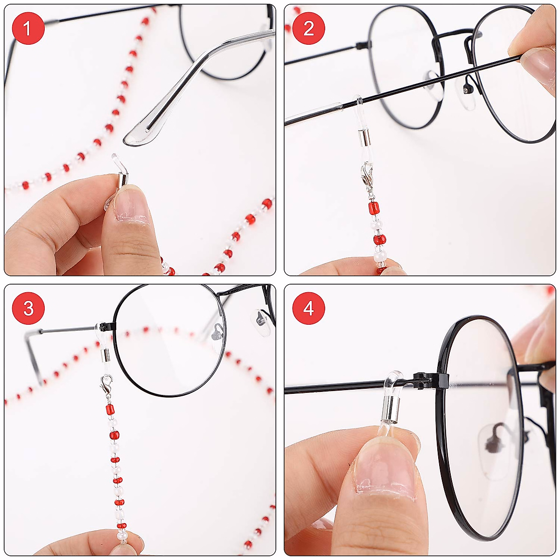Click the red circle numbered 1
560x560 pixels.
tap(28, 28)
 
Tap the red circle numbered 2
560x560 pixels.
tap(308, 28)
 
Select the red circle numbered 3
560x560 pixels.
tap(28, 308)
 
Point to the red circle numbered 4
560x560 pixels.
tap(308, 308)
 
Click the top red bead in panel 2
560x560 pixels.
tap(373, 208)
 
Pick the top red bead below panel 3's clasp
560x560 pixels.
tap(110, 410)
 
